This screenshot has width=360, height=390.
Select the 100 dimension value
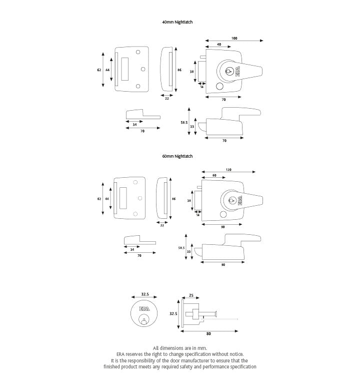click(234, 39)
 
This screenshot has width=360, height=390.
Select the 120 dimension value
click(228, 170)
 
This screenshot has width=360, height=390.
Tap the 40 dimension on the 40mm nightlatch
click(219, 45)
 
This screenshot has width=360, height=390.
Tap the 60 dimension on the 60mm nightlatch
click(214, 176)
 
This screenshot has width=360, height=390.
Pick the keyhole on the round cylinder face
click(143, 320)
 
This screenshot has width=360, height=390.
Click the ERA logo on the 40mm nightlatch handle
click(239, 72)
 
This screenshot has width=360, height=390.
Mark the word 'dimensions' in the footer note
click(173, 347)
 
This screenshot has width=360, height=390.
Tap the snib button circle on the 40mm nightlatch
click(219, 88)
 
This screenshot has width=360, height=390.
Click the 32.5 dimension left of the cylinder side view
click(173, 314)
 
